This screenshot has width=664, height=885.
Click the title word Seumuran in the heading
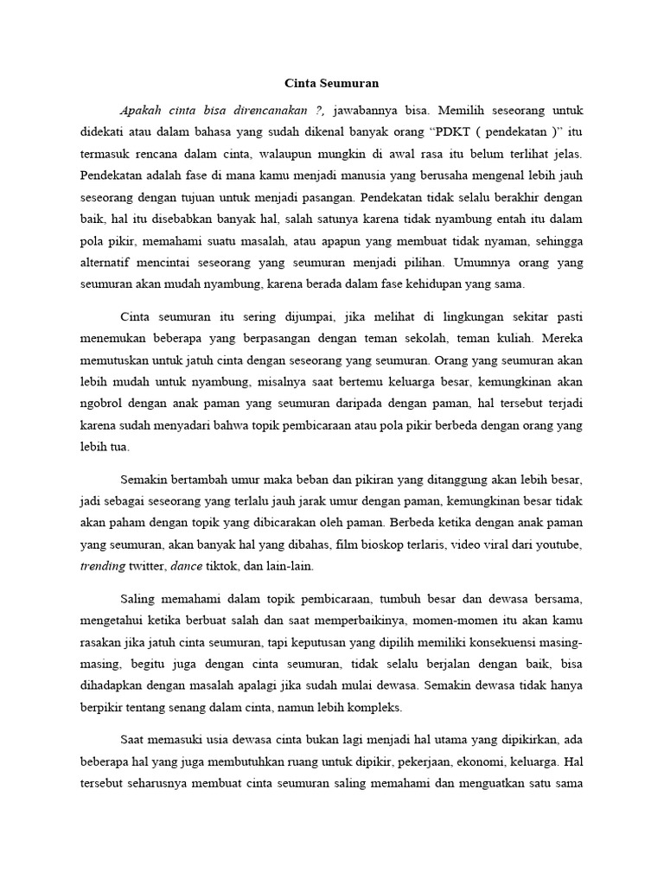point(352,84)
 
